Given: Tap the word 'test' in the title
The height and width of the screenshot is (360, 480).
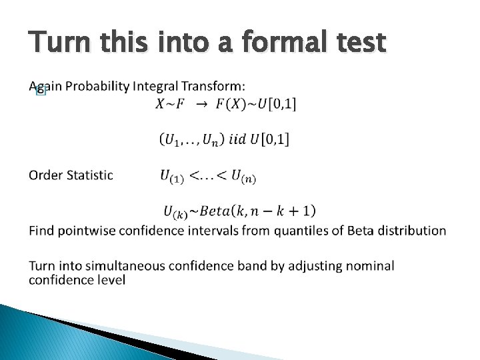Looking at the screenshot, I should pyautogui.click(x=361, y=43).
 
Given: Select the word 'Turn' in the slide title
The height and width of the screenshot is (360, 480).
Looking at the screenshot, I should pyautogui.click(x=58, y=43).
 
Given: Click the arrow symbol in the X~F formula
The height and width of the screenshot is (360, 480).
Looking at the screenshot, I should pyautogui.click(x=201, y=104).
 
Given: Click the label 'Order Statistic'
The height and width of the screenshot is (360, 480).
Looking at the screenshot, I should pyautogui.click(x=71, y=175).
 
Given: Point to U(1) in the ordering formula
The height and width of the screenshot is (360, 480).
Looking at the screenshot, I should pyautogui.click(x=172, y=176).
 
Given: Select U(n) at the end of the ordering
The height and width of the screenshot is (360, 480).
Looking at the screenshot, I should pyautogui.click(x=243, y=176).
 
